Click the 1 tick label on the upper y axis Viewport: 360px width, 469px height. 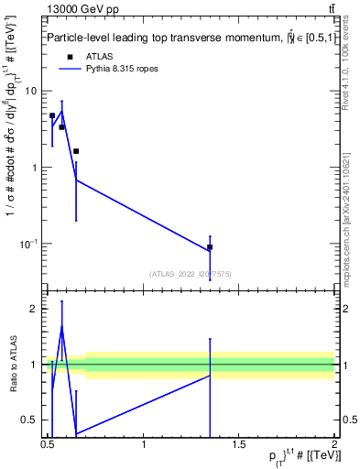click(x=35, y=168)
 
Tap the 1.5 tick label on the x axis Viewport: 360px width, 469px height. click(x=239, y=444)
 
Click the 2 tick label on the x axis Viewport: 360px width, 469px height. click(x=334, y=444)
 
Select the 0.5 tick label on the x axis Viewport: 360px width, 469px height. click(x=48, y=444)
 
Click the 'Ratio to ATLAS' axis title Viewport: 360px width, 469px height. click(x=13, y=365)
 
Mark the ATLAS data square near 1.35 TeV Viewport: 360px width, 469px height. click(x=210, y=247)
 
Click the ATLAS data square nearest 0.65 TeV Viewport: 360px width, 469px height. click(x=76, y=151)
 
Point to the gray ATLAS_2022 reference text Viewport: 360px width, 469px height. click(x=191, y=272)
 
